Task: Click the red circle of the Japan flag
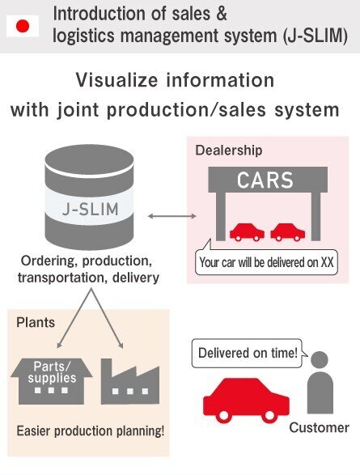(x=23, y=26)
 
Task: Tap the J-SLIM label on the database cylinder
(x=90, y=210)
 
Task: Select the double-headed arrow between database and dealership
(x=172, y=216)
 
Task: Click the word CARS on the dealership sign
(x=265, y=180)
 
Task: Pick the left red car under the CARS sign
(x=247, y=232)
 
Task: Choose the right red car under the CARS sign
(x=288, y=232)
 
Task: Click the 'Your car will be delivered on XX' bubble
(x=266, y=262)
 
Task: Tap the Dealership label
(x=229, y=151)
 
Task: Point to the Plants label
(x=36, y=323)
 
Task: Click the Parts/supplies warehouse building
(x=52, y=381)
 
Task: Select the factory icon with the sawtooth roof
(x=130, y=381)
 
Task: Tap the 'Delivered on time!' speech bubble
(x=248, y=354)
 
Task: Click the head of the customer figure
(x=320, y=360)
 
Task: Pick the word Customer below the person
(x=319, y=428)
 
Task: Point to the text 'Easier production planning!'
(x=91, y=431)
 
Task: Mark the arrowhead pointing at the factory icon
(x=121, y=345)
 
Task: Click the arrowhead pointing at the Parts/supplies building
(x=59, y=345)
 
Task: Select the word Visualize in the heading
(x=116, y=80)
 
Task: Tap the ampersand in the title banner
(x=221, y=14)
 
